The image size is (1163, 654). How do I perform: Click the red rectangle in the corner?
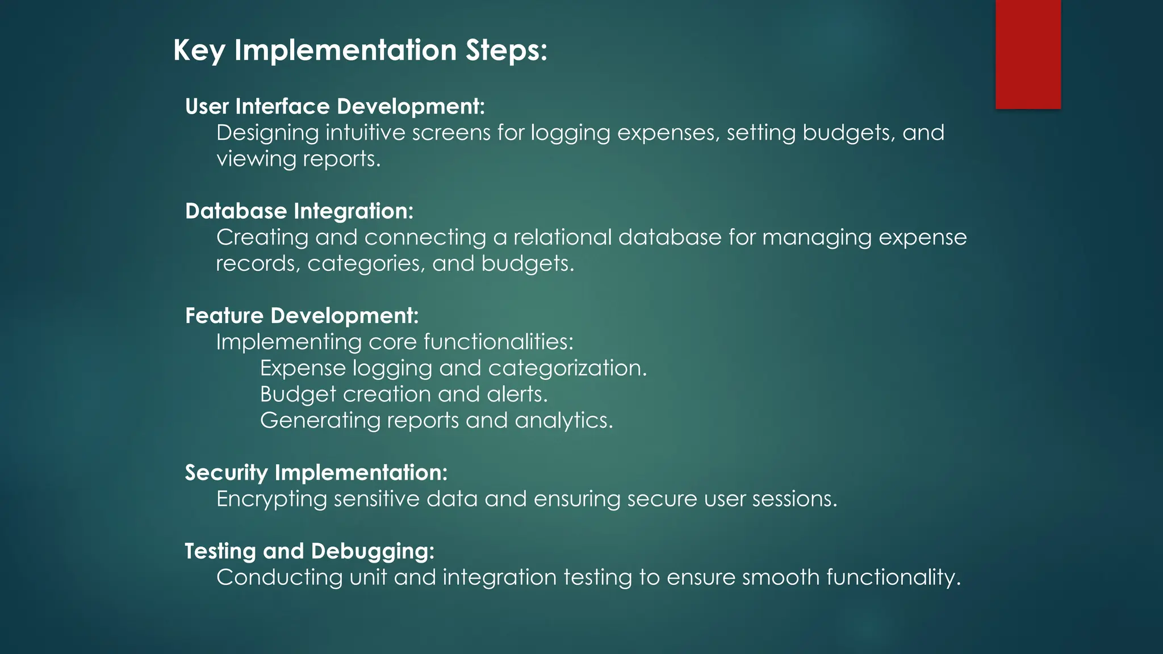[x=1028, y=54]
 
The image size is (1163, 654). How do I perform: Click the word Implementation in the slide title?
[x=345, y=50]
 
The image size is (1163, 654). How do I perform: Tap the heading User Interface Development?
[x=335, y=107]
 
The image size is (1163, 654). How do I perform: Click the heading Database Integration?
[x=299, y=211]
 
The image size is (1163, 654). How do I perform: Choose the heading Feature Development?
[x=302, y=316]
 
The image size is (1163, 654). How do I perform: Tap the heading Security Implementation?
[x=316, y=473]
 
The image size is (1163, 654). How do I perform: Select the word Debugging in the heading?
[x=372, y=551]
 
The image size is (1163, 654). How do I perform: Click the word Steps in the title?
[x=506, y=50]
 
